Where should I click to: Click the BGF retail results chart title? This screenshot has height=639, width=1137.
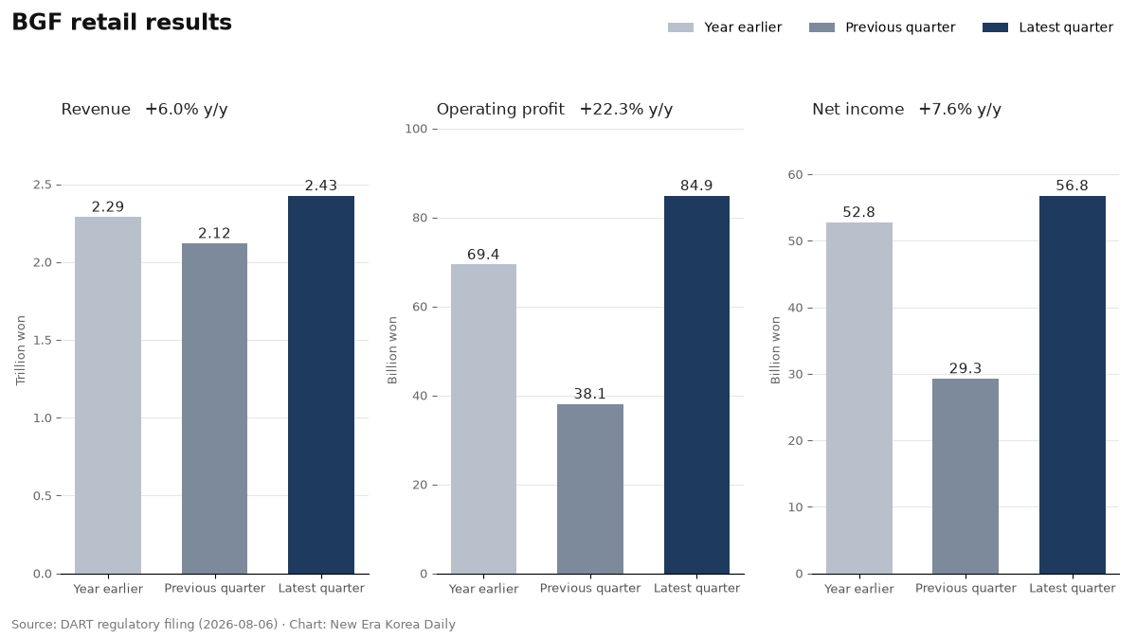point(122,23)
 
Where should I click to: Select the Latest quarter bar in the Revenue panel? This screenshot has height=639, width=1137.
point(321,385)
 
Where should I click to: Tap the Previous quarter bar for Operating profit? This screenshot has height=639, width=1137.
point(589,488)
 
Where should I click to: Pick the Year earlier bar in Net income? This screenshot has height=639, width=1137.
point(858,399)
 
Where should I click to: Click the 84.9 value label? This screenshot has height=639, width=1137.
point(696,186)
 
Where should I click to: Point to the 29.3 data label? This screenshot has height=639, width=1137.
point(966,368)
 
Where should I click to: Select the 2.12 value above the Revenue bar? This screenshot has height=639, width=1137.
point(214,233)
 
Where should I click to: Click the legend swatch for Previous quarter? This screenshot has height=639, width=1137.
point(821,27)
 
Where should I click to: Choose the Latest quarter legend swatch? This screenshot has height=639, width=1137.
point(995,27)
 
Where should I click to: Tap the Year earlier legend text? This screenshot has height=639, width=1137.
point(743,27)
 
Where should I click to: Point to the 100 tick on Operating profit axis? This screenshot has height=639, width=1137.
point(416,130)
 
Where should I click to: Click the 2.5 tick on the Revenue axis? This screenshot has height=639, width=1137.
point(43,186)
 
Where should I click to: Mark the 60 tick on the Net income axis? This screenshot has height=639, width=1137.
point(795,175)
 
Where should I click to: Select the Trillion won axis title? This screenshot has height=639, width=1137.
point(20,350)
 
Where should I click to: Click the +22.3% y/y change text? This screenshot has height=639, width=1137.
point(626,110)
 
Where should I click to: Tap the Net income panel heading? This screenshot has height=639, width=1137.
point(857,110)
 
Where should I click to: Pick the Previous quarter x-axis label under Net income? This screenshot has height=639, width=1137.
point(966,588)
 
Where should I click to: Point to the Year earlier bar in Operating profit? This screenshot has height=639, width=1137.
point(483,418)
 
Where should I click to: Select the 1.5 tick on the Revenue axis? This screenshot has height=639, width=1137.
point(43,340)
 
